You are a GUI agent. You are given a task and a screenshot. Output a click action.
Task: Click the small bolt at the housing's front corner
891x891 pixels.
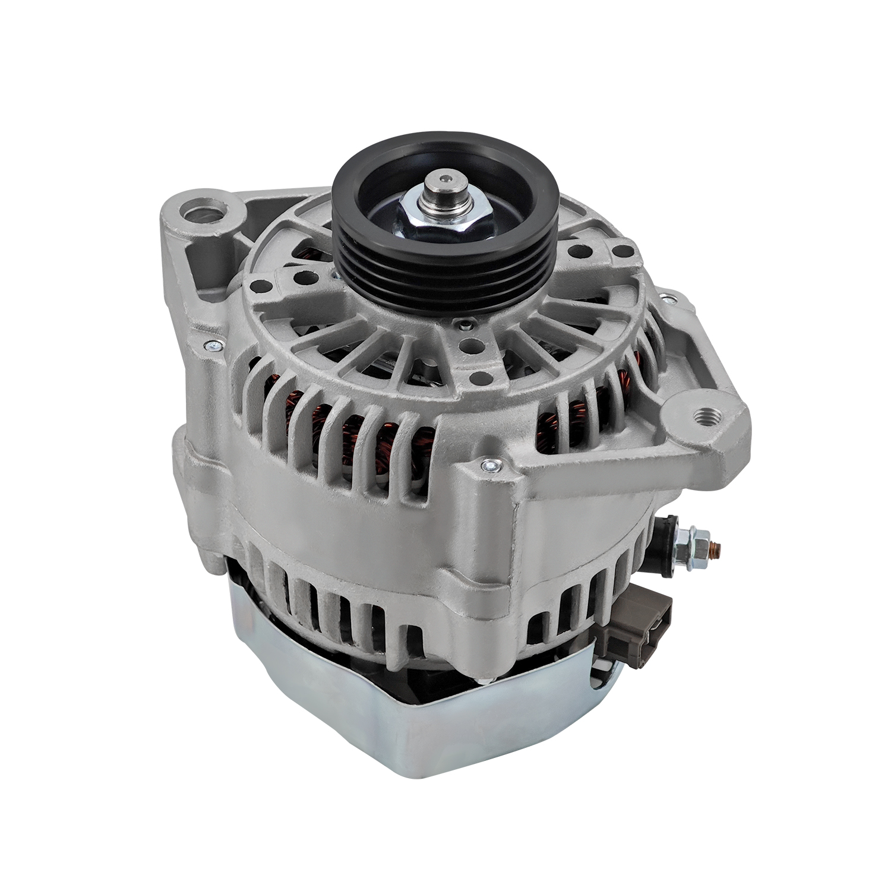[x=490, y=466]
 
